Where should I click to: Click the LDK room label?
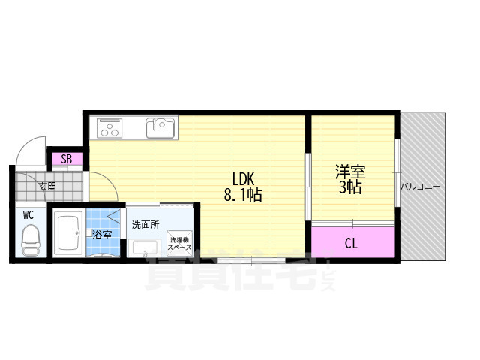tap(244, 179)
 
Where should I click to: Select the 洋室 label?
tap(349, 170)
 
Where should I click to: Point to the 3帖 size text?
tap(349, 187)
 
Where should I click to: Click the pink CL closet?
tap(351, 241)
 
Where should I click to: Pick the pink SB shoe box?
tap(67, 158)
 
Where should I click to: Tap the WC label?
tap(28, 215)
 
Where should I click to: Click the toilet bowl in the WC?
tap(30, 239)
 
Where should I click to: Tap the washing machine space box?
tap(179, 242)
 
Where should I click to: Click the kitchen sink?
tap(160, 128)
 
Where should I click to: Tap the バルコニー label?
tap(420, 186)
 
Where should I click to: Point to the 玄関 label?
tap(46, 186)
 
